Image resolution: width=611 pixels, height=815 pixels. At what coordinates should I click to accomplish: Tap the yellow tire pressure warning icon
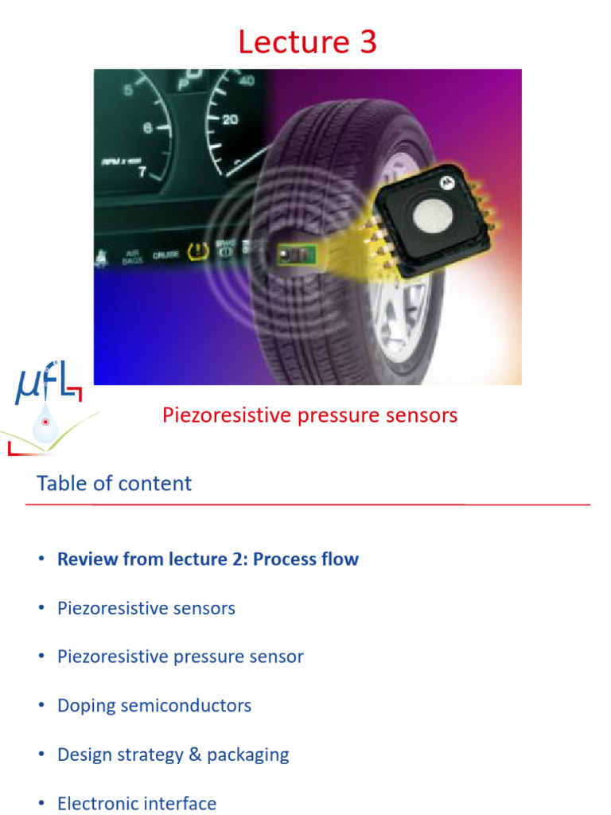(194, 253)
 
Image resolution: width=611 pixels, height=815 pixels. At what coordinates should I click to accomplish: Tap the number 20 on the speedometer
(230, 119)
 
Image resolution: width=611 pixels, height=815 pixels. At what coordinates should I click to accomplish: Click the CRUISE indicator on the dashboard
(165, 255)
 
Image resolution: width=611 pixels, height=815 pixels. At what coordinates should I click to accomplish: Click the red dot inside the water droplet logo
(45, 422)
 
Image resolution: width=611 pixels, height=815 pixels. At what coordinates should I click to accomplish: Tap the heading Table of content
(114, 483)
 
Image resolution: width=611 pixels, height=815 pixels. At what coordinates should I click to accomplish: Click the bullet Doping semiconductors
(154, 705)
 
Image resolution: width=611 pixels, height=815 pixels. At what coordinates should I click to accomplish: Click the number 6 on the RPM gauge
(146, 127)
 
